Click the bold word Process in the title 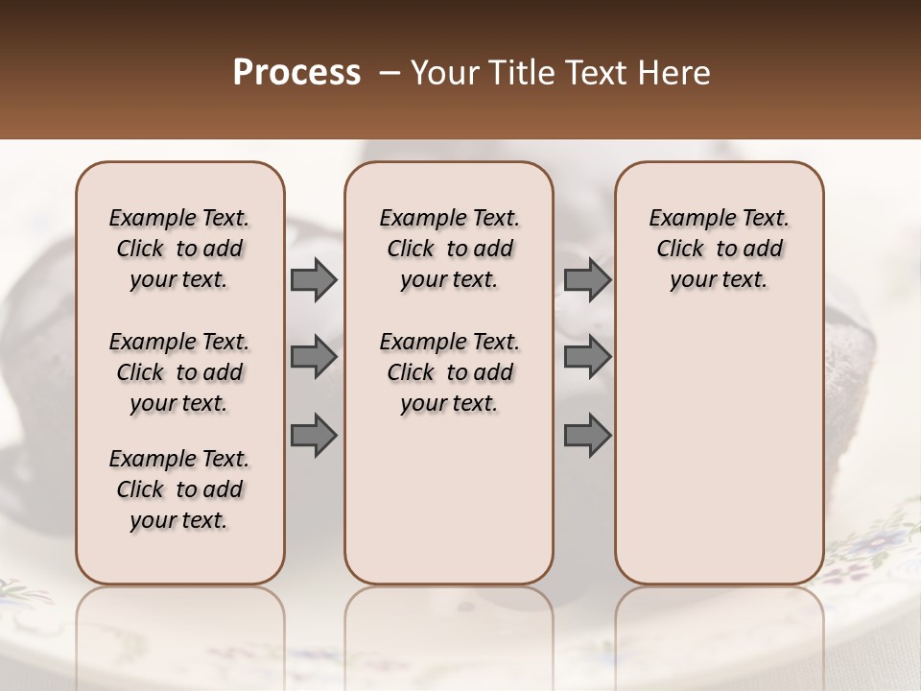(x=296, y=73)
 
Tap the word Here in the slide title (x=676, y=73)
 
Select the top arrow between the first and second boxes (x=314, y=279)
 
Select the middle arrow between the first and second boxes (x=314, y=357)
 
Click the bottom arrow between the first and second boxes (x=314, y=436)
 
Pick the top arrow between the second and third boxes (x=587, y=279)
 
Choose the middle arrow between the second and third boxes (x=587, y=357)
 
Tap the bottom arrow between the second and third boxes (x=587, y=436)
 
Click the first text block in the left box (x=179, y=249)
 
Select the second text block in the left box (x=179, y=372)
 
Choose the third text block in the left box (x=179, y=489)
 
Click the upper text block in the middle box (x=449, y=249)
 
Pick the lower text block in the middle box (x=449, y=372)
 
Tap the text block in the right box (x=719, y=249)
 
